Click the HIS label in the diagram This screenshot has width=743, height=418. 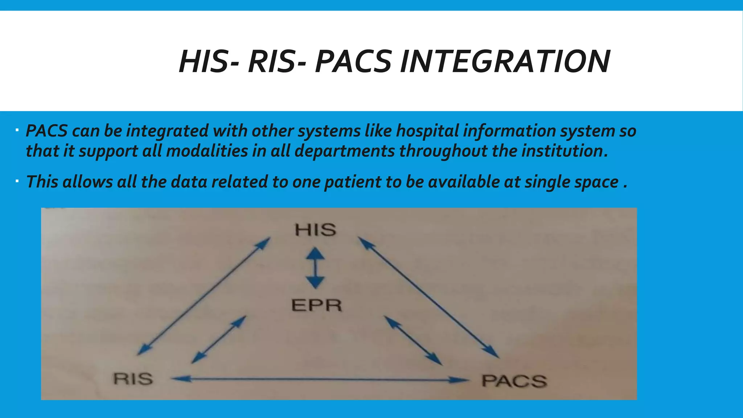315,230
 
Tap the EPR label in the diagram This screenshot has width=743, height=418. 317,305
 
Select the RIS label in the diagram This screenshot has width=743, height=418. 133,379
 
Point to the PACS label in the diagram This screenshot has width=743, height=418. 514,381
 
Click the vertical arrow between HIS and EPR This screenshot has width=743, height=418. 315,268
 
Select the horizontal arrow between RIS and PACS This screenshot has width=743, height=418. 319,380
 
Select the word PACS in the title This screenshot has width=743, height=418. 353,61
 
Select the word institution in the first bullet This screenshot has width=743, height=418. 565,151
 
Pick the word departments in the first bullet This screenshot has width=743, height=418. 344,151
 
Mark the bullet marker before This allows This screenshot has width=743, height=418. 17,180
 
